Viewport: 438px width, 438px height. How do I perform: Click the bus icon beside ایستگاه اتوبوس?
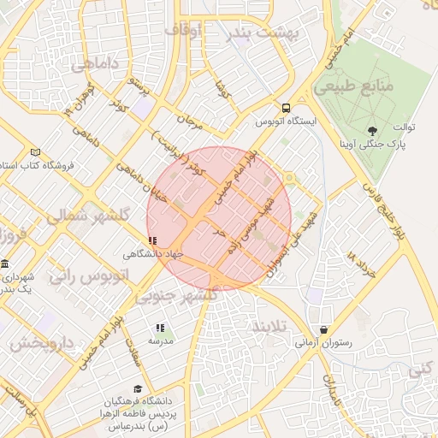click(x=287, y=109)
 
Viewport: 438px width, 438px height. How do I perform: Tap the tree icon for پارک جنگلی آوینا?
click(x=372, y=130)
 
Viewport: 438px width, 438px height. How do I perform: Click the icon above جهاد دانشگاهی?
click(x=152, y=241)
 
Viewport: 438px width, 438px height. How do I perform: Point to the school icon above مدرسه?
click(x=160, y=328)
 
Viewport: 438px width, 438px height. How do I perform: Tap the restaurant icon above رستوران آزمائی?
click(x=323, y=330)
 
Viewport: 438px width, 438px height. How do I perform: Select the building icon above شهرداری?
click(x=6, y=264)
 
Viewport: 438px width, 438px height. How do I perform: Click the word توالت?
click(x=405, y=127)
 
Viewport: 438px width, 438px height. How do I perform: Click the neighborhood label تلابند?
click(x=273, y=327)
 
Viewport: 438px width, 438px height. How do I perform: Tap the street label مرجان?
click(x=190, y=122)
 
